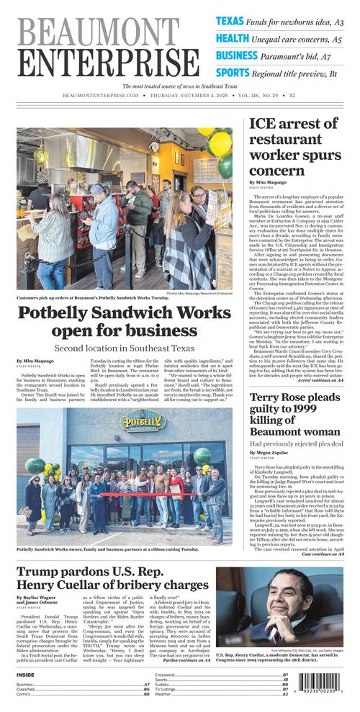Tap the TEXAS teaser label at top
[230, 22]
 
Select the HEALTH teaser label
[233, 38]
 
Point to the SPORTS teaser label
[233, 72]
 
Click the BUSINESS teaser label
[237, 55]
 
